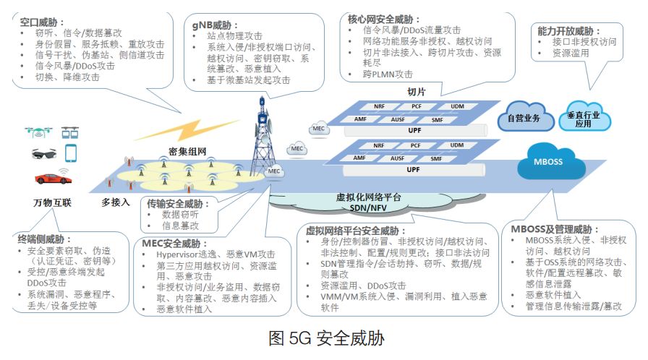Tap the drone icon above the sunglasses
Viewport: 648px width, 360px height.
(x=36, y=132)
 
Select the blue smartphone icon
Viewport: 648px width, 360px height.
(x=71, y=153)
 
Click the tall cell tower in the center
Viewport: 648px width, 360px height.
(x=262, y=141)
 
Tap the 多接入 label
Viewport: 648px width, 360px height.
(x=116, y=203)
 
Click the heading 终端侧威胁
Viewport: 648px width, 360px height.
(x=44, y=239)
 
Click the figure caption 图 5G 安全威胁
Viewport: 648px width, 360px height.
(x=325, y=338)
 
